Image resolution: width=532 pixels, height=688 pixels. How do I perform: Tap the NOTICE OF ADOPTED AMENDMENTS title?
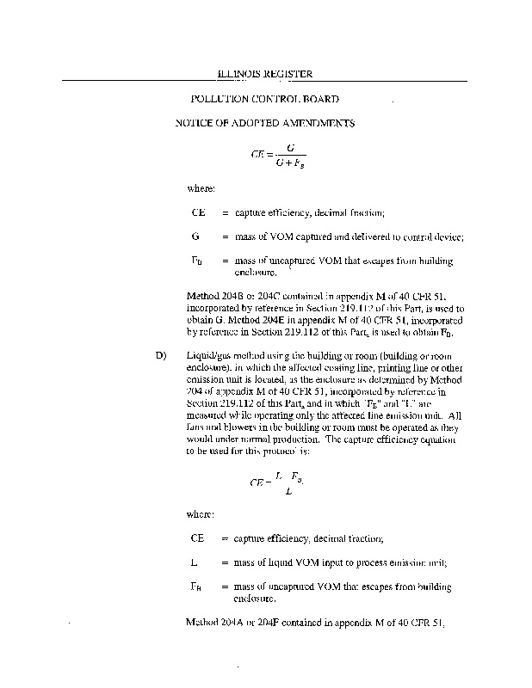(264, 124)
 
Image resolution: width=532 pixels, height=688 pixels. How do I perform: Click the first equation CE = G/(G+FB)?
(272, 156)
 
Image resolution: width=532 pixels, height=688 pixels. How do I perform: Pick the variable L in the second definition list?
(195, 562)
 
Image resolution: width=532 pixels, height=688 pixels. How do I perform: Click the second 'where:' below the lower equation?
(201, 514)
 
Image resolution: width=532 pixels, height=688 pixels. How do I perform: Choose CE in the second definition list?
(198, 538)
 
